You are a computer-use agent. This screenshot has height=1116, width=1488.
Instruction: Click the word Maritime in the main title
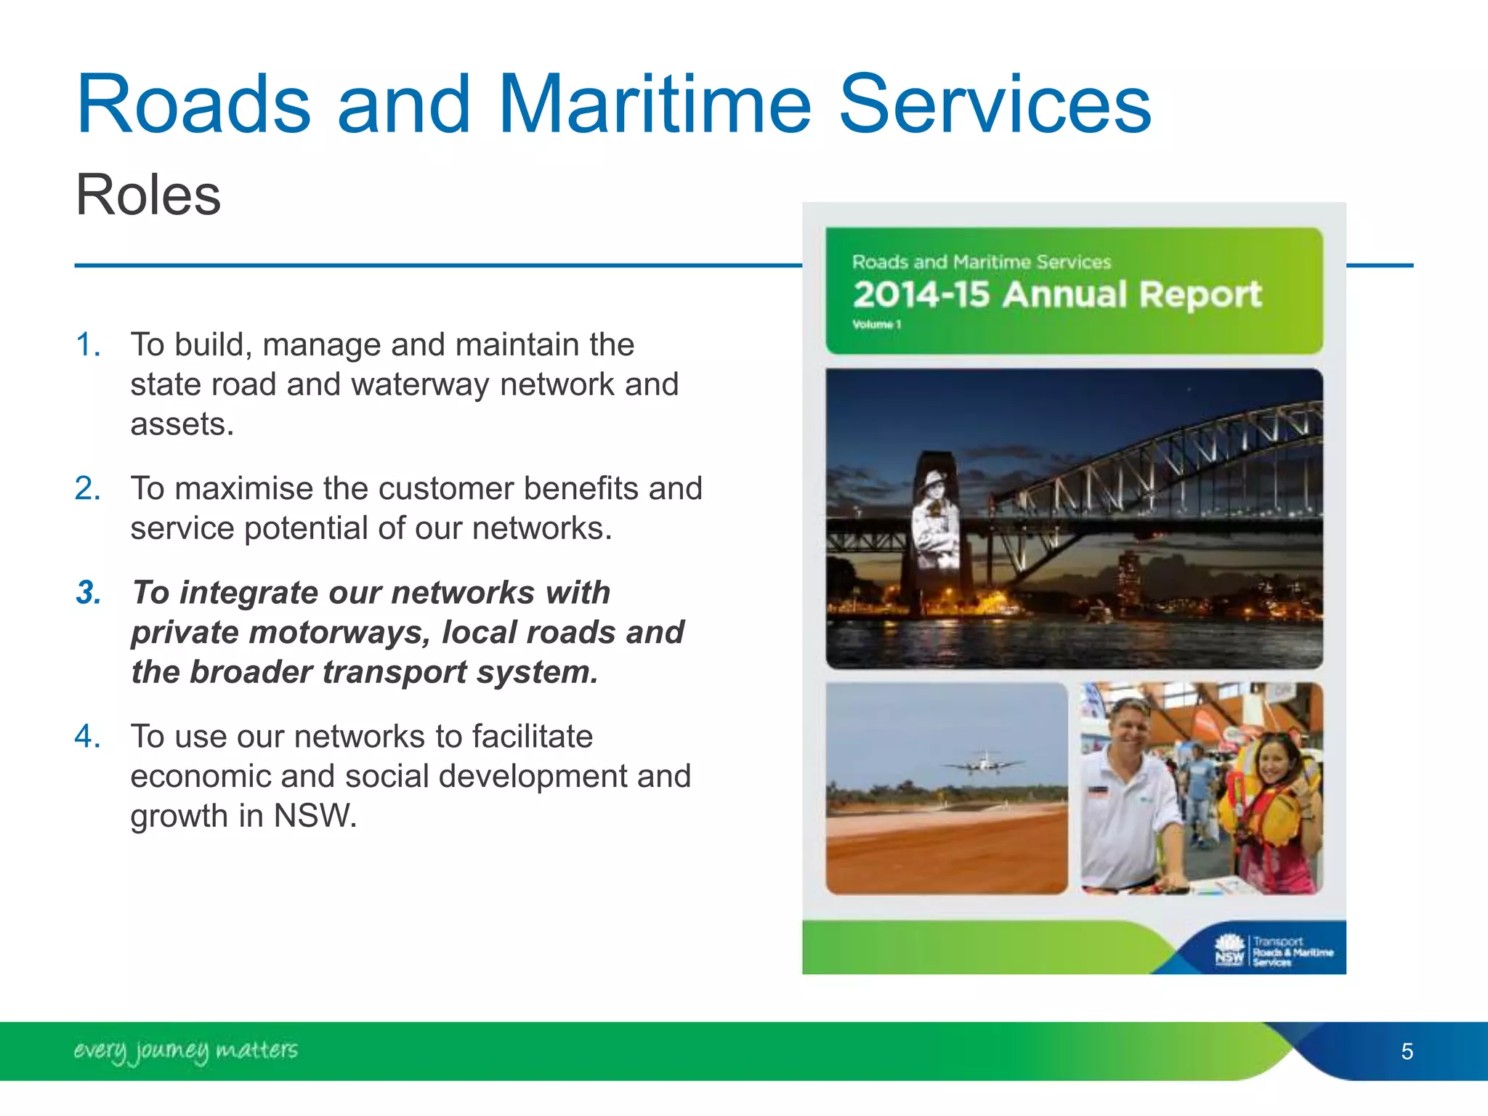(654, 105)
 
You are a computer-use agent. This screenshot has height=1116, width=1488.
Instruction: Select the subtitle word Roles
(148, 195)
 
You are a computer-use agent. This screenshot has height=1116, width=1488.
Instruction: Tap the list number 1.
(87, 344)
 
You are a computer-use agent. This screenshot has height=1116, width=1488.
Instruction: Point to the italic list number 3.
(89, 592)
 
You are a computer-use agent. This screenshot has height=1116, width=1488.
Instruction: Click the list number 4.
(87, 736)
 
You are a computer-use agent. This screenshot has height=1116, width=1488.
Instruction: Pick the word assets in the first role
(181, 424)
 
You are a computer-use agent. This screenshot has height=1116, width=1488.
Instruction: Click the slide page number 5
(1407, 1051)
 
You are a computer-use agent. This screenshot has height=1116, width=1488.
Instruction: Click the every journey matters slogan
(186, 1051)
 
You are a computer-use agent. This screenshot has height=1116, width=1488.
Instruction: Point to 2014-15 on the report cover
(921, 295)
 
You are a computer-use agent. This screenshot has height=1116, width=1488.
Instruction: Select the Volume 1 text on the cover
(876, 325)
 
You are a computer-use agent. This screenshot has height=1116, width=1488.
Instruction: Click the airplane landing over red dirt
(982, 764)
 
